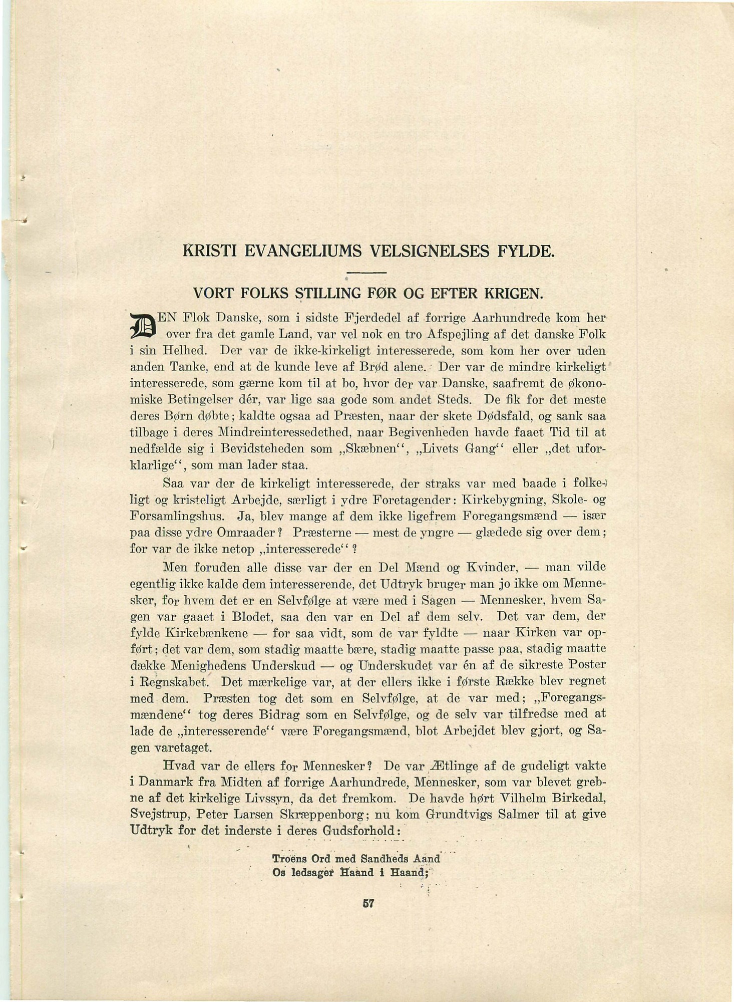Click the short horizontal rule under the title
(368, 272)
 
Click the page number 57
(369, 904)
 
